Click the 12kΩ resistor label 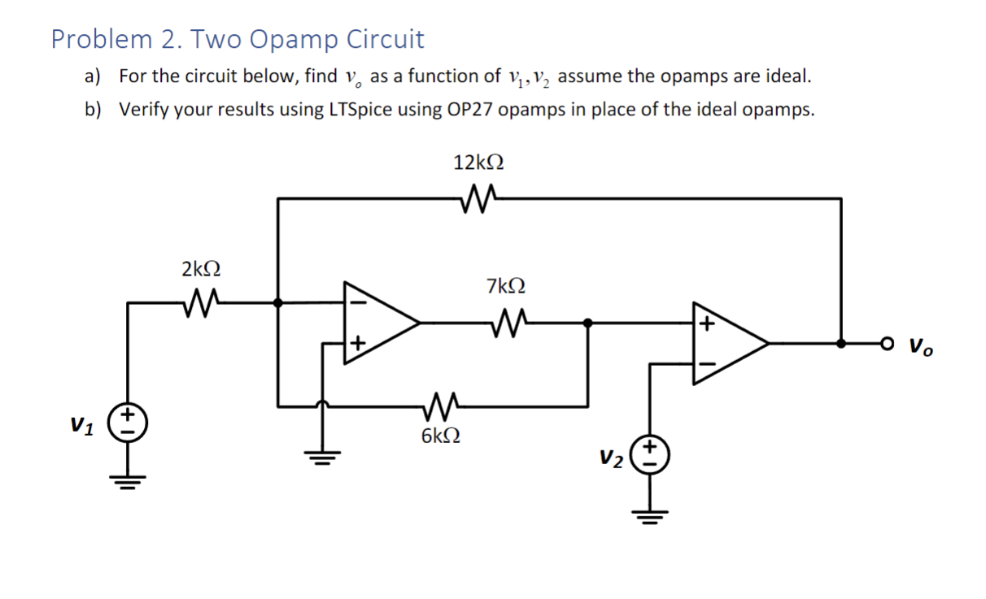click(x=478, y=163)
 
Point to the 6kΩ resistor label click(x=441, y=436)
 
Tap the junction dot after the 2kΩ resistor click(x=278, y=302)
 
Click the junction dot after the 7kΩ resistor click(x=587, y=323)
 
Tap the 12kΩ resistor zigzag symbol click(x=478, y=197)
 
